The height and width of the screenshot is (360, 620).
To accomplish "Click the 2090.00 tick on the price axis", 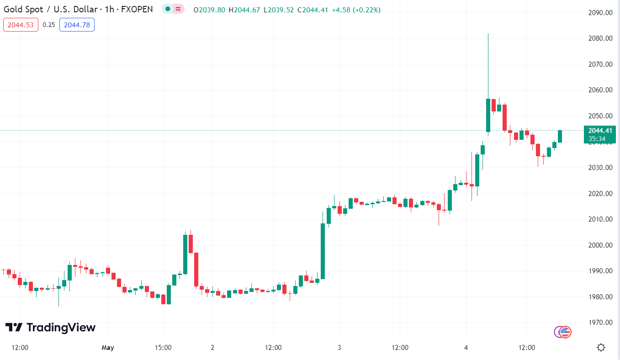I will point(600,13).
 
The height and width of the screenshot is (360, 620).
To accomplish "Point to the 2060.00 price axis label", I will point(600,90).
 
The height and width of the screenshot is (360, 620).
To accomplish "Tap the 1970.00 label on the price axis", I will point(600,323).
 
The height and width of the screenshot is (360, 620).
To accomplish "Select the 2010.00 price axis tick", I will point(600,219).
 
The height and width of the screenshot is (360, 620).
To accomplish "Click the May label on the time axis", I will point(108,348).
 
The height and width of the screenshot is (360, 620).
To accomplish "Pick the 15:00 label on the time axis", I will point(163,348).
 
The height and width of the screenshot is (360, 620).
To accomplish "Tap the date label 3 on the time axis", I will point(339,348).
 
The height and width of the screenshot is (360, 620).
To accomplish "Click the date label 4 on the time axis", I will point(466,348).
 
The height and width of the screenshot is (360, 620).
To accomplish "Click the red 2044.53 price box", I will point(21,25).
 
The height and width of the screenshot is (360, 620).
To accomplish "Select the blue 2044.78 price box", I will point(77,25).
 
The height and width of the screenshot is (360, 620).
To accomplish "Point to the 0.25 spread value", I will point(49,25).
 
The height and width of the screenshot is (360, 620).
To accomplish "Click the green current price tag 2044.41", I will point(599,131).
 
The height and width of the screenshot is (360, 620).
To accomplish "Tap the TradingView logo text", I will point(61,328).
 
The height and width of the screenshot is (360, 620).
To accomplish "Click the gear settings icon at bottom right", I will point(601,348).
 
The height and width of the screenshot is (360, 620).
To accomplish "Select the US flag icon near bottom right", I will point(566,332).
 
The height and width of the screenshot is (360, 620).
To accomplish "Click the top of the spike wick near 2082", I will point(488,34).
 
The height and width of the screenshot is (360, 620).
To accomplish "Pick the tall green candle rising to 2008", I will point(323,251).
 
